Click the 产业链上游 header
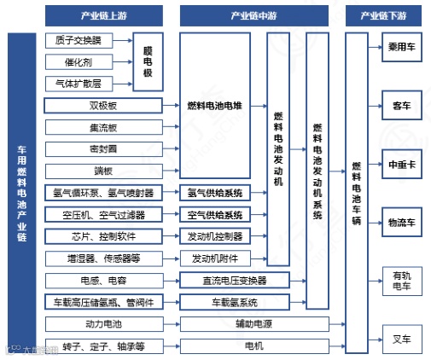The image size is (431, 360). click(x=103, y=15)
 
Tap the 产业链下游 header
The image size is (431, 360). click(x=385, y=15)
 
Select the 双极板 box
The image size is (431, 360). click(x=103, y=106)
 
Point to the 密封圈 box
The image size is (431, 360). click(x=103, y=148)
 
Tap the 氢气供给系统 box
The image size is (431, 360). click(x=214, y=192)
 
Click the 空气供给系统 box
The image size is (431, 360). click(x=214, y=214)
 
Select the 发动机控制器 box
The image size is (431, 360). click(x=214, y=236)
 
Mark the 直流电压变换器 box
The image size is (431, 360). click(x=234, y=280)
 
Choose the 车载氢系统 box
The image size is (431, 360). click(x=234, y=302)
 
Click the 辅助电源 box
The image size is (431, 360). click(x=234, y=324)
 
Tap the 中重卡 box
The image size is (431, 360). click(x=402, y=163)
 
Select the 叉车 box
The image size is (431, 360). click(x=402, y=339)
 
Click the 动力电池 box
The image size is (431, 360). click(x=103, y=324)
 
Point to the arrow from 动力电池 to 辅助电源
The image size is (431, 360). click(x=171, y=324)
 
